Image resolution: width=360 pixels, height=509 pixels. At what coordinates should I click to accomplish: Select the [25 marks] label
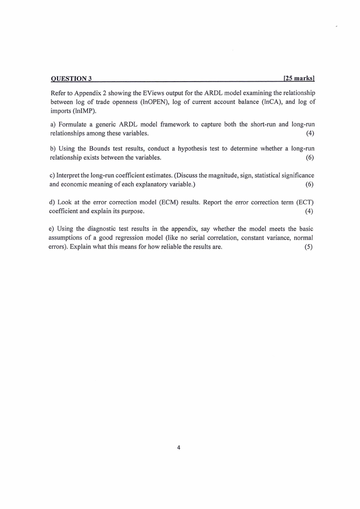point(299,79)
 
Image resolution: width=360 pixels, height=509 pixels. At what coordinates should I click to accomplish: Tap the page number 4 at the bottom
point(179,448)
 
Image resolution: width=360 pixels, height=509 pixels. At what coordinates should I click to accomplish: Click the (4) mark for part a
point(310,133)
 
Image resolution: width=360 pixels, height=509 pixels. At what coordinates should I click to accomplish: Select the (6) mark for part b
point(310,157)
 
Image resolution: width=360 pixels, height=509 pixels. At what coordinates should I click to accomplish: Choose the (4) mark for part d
point(310,211)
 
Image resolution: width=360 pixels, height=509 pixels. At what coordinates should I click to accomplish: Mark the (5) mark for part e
point(310,246)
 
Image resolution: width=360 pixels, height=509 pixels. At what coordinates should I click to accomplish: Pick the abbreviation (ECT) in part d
point(302,202)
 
